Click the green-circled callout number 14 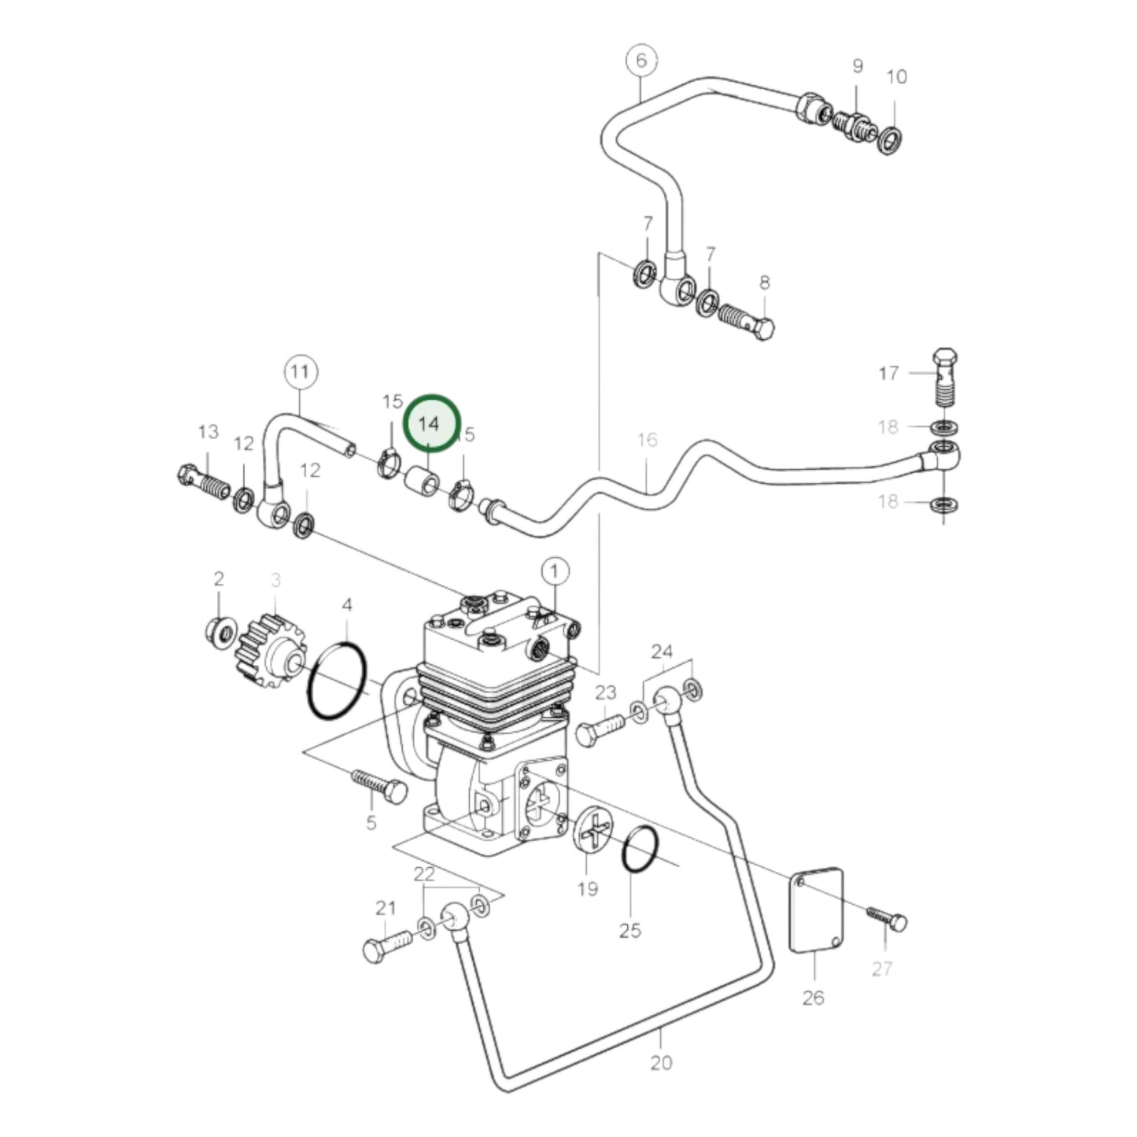point(430,423)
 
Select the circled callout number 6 point(641,61)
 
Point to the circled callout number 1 point(555,570)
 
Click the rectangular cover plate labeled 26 point(815,909)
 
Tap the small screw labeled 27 point(887,918)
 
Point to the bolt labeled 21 point(388,945)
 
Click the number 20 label point(661,1062)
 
